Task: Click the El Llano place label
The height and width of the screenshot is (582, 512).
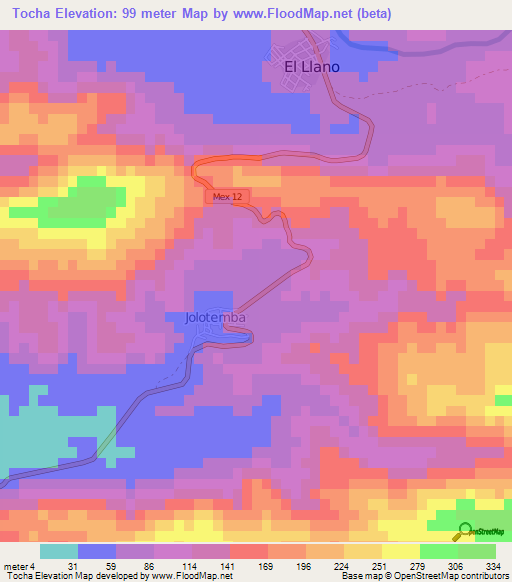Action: click(x=312, y=67)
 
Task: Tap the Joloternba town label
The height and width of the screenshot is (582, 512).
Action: click(x=215, y=318)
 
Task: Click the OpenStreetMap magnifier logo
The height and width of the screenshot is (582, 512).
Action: click(x=465, y=532)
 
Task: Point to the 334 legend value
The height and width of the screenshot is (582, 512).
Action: click(x=488, y=565)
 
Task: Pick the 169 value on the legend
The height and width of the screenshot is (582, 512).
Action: click(x=239, y=565)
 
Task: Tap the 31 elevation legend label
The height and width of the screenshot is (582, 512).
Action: click(x=71, y=565)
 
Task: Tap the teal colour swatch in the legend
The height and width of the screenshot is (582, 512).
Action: click(x=59, y=551)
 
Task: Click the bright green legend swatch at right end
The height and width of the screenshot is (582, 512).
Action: click(x=477, y=551)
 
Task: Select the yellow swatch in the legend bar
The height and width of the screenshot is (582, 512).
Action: click(x=401, y=551)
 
